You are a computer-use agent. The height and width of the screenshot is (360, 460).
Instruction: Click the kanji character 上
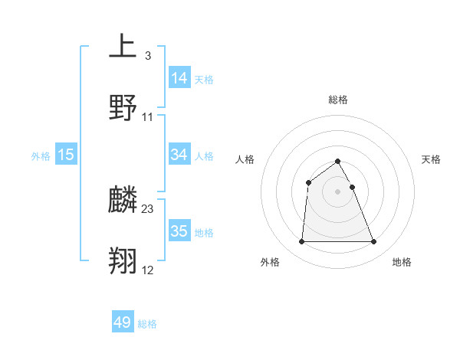(x=123, y=47)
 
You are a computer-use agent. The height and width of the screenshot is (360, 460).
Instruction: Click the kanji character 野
(x=123, y=108)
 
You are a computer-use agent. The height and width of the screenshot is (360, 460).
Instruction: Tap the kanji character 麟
(x=123, y=201)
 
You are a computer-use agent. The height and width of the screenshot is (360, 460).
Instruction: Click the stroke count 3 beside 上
(x=147, y=55)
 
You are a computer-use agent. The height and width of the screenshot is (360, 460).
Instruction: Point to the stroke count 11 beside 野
(x=148, y=117)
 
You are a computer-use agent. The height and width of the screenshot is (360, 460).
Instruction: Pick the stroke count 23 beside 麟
(x=148, y=209)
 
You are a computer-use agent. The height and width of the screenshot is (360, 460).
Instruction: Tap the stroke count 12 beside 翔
(x=148, y=270)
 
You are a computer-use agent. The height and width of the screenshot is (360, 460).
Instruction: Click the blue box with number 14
(x=179, y=78)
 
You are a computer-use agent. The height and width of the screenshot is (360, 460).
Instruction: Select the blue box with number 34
(x=179, y=155)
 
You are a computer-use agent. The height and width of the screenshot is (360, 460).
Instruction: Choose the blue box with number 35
(x=179, y=231)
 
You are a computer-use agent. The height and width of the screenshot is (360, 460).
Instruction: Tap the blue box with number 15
(x=66, y=155)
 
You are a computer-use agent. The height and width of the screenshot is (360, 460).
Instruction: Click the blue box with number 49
(x=123, y=323)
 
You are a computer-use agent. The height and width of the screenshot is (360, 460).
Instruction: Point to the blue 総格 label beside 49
(x=147, y=324)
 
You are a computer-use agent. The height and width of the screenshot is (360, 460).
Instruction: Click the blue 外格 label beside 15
(x=41, y=155)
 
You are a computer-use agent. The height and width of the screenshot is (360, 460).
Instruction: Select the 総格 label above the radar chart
(x=338, y=100)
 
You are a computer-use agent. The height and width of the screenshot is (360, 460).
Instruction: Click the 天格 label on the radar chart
(x=432, y=159)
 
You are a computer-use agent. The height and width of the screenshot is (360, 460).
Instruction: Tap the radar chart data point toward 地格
(x=374, y=242)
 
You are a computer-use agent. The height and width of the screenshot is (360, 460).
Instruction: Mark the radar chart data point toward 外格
(x=301, y=242)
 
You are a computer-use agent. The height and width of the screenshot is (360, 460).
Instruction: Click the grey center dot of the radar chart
(x=338, y=191)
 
